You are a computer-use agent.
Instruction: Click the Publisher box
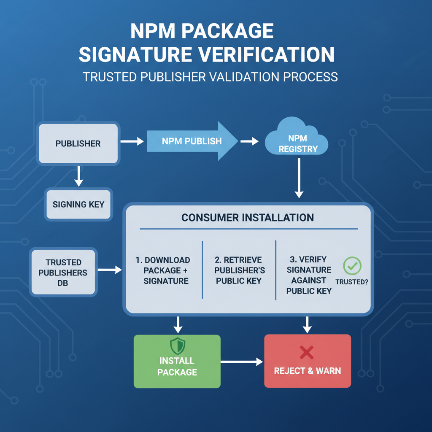point(78,143)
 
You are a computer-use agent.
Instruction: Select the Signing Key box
point(78,205)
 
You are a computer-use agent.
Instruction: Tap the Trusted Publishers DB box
point(63,272)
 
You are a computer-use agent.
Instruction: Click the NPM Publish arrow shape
point(190,141)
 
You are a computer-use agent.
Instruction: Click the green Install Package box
point(177,361)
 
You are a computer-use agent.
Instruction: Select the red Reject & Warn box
point(308,361)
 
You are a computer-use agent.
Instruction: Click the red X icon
point(306,352)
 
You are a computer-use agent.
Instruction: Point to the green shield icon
point(177,346)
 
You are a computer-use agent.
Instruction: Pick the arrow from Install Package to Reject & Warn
point(242,362)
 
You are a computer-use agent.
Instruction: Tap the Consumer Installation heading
point(248,218)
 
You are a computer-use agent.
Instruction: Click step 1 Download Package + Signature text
point(166,270)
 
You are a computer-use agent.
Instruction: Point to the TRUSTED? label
point(351,282)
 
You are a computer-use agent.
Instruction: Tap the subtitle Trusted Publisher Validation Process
point(210,77)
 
